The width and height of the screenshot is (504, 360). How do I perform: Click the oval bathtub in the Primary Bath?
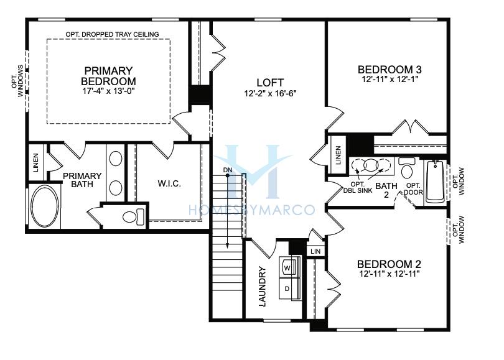click(45, 206)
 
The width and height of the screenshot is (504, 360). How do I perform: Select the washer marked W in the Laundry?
click(289, 266)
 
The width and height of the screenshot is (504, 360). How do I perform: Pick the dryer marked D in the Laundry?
click(289, 288)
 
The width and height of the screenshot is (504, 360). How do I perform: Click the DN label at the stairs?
click(228, 170)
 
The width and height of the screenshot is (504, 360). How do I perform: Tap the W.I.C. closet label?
click(169, 183)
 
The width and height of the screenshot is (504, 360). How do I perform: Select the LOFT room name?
click(270, 83)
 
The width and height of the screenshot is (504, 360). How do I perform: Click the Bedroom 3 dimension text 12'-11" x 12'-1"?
click(390, 79)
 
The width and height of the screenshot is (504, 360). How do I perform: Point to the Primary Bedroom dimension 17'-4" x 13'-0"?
click(108, 91)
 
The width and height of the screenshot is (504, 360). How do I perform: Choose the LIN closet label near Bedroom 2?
click(315, 251)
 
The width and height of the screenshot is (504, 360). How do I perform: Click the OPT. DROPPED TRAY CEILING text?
click(112, 34)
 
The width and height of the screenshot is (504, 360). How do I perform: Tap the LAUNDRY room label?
click(263, 287)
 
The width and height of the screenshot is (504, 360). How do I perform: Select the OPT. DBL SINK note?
click(358, 187)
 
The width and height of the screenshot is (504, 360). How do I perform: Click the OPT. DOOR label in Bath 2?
click(413, 189)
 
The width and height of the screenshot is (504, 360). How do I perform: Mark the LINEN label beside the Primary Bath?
click(35, 162)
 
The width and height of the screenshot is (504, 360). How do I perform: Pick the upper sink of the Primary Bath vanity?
click(116, 159)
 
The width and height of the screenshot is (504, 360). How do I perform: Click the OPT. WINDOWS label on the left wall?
click(17, 81)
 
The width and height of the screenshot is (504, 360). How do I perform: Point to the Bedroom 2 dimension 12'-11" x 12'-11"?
click(390, 274)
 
